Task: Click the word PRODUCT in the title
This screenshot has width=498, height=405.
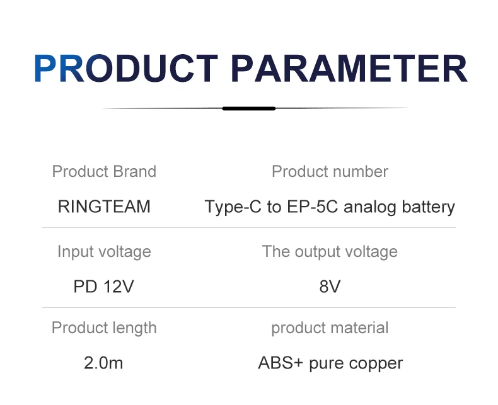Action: coord(127,68)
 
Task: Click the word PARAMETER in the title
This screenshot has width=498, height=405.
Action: coord(349,68)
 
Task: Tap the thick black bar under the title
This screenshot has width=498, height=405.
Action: coord(248,108)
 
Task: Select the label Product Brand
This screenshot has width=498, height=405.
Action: coord(104,172)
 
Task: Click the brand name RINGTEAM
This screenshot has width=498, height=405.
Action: coord(104,207)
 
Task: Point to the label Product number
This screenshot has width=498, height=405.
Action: coord(330,172)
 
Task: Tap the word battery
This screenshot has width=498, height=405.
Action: coord(429,207)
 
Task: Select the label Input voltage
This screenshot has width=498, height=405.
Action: coord(104,252)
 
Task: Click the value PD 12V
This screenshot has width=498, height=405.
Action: coord(104,287)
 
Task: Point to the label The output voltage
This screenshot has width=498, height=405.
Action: coord(330,252)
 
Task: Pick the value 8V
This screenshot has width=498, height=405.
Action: coord(330,287)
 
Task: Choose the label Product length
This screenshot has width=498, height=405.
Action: coord(104,328)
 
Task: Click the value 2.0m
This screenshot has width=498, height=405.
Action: coord(103,363)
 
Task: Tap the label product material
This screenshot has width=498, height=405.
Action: coord(330,328)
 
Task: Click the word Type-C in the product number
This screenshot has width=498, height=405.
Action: coord(233,207)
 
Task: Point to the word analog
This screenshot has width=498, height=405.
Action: coord(370,207)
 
